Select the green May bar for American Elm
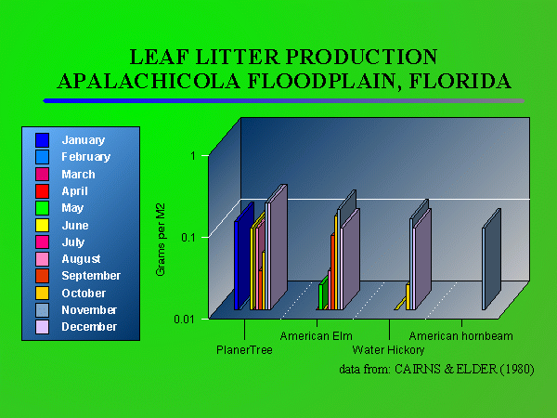[321, 296]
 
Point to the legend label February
[85, 157]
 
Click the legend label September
[90, 276]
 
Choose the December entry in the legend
[88, 327]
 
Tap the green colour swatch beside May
[42, 208]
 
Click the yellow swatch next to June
[42, 225]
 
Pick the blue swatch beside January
[42, 140]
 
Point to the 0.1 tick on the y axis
[188, 237]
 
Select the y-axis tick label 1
[192, 155]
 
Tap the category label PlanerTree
[244, 350]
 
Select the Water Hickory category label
[388, 350]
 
